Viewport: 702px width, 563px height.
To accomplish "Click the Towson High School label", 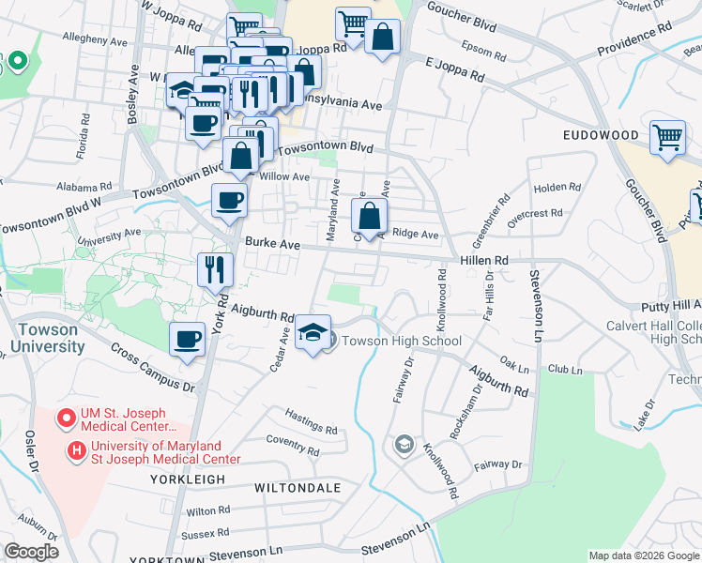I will coord(401,341).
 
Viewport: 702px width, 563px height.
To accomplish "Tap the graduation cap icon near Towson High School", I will coord(313,333).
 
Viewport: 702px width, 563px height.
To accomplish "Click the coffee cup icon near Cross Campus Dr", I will coord(187,339).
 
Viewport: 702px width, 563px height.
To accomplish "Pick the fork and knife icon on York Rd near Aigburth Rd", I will coord(215,269).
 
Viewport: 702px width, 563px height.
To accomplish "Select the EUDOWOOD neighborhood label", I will coord(601,135).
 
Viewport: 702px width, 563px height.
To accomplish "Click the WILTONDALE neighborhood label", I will coord(291,489).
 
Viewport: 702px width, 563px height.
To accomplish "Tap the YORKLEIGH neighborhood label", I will coord(188,479).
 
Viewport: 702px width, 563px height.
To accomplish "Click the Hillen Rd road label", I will coord(483,260).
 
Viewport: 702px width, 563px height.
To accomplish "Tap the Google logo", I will coord(31,552).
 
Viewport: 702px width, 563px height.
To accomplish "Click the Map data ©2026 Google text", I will coord(644,555).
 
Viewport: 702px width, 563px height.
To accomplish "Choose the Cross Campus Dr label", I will coord(152,366).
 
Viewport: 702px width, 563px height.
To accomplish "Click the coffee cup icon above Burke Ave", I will coord(229,200).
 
